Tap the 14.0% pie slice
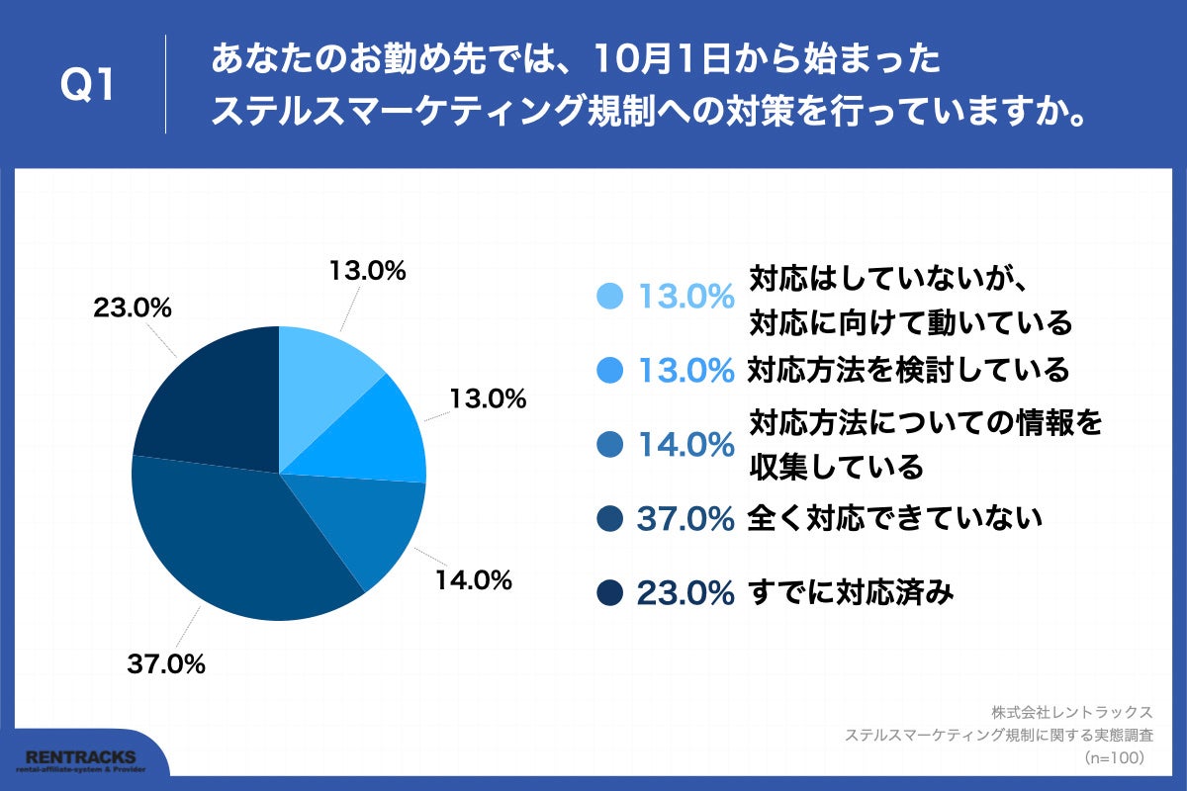point(366,524)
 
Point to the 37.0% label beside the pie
point(166,664)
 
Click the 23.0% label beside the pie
point(133,308)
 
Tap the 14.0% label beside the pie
point(473,580)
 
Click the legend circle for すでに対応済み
point(610,593)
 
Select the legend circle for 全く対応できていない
point(610,518)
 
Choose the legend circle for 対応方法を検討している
point(610,371)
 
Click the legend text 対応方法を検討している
point(908,371)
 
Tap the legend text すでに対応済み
point(851,593)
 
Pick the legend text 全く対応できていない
point(895,518)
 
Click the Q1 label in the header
point(88,86)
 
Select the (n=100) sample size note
point(1114,757)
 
